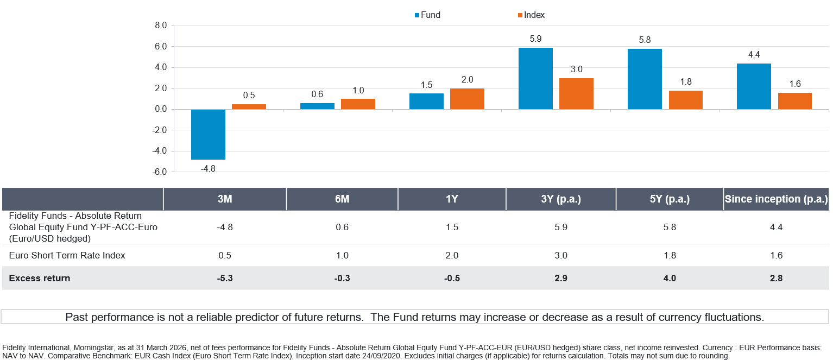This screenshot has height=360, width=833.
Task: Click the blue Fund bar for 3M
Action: click(x=208, y=134)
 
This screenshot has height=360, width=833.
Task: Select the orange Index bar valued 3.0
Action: click(x=576, y=93)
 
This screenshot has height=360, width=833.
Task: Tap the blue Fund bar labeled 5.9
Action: click(x=535, y=78)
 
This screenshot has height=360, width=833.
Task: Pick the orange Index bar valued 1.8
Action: click(x=685, y=100)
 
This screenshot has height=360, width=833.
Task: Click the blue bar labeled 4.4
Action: click(x=754, y=86)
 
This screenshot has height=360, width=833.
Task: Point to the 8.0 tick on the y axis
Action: click(x=161, y=26)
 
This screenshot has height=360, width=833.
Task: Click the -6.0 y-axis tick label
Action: click(x=160, y=172)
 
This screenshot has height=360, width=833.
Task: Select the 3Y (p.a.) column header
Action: click(x=560, y=199)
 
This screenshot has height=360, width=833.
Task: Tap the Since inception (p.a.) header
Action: click(x=776, y=199)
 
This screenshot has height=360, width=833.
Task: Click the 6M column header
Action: click(x=342, y=199)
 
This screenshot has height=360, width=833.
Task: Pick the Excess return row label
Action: click(x=40, y=278)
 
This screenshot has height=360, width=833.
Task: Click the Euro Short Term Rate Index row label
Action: click(x=67, y=255)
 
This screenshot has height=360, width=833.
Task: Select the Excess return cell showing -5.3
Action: click(x=224, y=278)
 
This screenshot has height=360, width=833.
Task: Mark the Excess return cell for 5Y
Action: click(x=669, y=278)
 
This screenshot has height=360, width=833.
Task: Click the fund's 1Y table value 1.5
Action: click(x=451, y=227)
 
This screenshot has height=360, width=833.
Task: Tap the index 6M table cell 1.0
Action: click(x=342, y=255)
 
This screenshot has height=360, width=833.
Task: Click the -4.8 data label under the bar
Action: click(x=208, y=168)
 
